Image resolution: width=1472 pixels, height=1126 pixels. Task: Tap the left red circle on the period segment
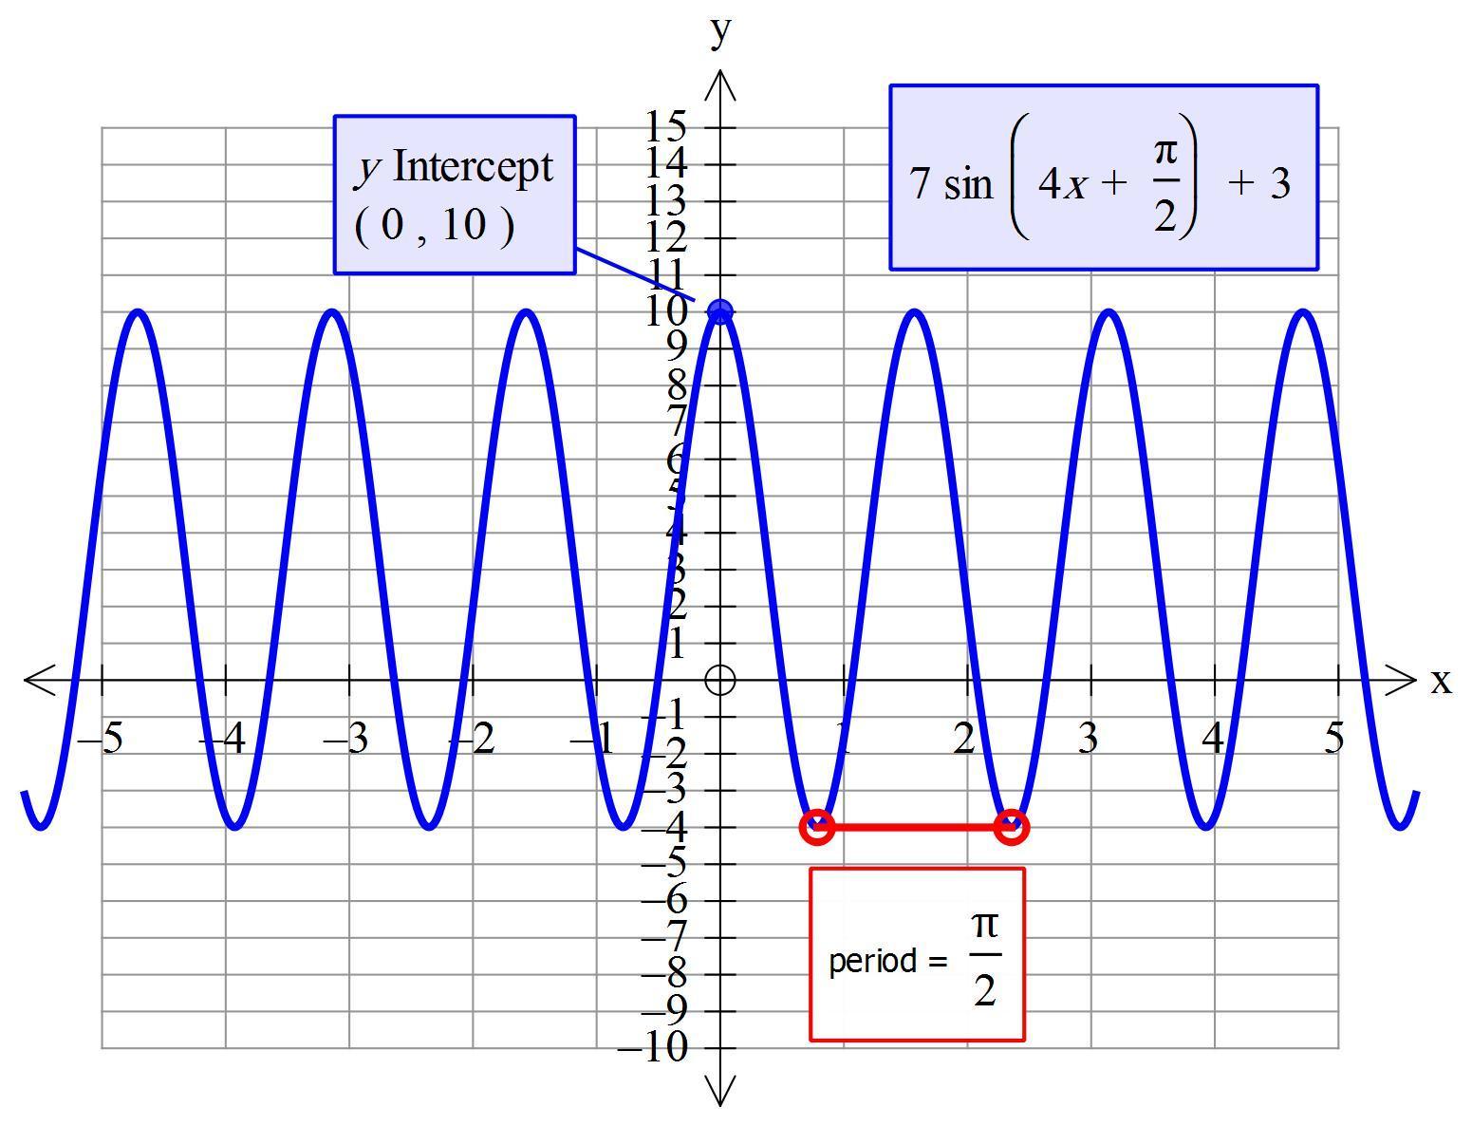817,827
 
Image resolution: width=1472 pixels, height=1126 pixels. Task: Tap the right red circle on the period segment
1012,827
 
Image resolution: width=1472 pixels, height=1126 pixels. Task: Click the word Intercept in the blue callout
472,167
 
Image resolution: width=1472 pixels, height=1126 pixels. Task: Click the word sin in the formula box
967,183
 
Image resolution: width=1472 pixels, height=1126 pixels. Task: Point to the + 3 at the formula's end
1259,182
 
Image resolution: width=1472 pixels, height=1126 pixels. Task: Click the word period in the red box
872,962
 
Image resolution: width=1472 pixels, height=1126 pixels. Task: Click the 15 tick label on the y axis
665,125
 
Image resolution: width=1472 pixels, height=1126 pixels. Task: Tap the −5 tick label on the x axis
101,739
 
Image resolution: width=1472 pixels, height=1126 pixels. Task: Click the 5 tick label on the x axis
1334,738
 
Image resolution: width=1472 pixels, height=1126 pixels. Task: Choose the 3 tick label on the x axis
1087,738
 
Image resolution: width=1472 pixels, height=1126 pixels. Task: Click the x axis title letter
1441,681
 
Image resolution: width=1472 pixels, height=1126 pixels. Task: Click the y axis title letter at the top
721,30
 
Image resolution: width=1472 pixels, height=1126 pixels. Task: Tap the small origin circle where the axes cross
720,680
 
